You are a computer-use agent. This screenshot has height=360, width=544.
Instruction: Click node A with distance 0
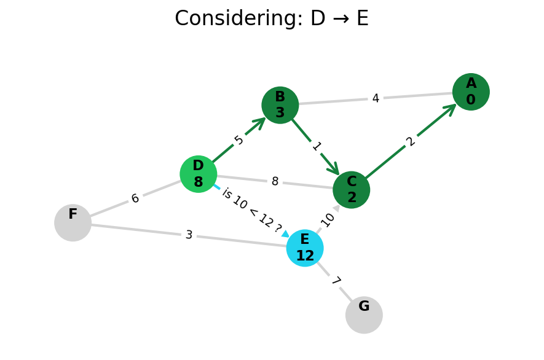tap(471, 92)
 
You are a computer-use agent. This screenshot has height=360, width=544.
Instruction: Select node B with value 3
tap(280, 105)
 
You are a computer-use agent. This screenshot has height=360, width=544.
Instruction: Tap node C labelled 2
tap(351, 190)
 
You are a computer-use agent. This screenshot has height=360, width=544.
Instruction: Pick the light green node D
tap(198, 174)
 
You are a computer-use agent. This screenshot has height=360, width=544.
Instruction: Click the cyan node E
tap(304, 248)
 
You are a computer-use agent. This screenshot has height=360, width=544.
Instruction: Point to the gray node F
tap(73, 222)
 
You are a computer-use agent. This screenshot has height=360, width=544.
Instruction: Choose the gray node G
tap(364, 315)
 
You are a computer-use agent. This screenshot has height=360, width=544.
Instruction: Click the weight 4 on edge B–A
tap(375, 98)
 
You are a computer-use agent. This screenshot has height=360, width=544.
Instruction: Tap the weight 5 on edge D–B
tap(239, 140)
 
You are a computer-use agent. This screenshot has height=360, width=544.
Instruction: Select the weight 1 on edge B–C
tap(316, 146)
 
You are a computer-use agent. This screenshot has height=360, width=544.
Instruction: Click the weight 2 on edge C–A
tap(411, 141)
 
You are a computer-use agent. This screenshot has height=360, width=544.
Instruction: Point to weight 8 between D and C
tap(275, 182)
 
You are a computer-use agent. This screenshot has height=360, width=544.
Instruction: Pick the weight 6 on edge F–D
tap(135, 198)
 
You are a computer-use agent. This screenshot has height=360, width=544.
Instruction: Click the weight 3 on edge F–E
tap(189, 235)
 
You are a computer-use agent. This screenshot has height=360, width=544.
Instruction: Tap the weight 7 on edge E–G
tap(335, 281)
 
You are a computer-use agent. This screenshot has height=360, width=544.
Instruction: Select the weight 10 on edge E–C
tap(328, 219)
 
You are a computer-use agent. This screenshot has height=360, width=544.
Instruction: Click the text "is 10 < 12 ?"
tap(251, 211)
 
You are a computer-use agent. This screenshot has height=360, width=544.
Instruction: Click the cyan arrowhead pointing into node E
tap(285, 233)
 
